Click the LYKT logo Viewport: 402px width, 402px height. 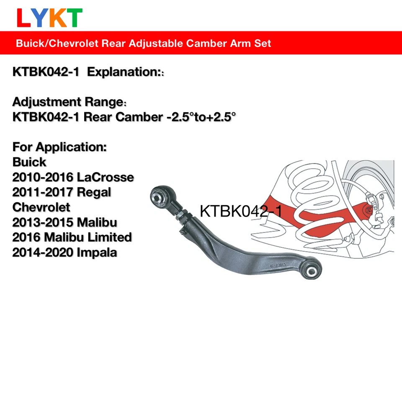click(x=49, y=17)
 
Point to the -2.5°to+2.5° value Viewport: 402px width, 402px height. click(x=199, y=117)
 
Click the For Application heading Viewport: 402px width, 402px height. click(x=60, y=147)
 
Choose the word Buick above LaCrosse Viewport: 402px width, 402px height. click(x=29, y=162)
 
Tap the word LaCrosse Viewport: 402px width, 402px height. click(x=106, y=177)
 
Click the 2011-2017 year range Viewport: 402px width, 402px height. click(x=42, y=192)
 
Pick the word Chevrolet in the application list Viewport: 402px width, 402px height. click(x=41, y=207)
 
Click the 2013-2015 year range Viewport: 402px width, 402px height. click(x=42, y=222)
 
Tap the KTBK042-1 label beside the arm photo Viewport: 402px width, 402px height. click(x=241, y=211)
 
